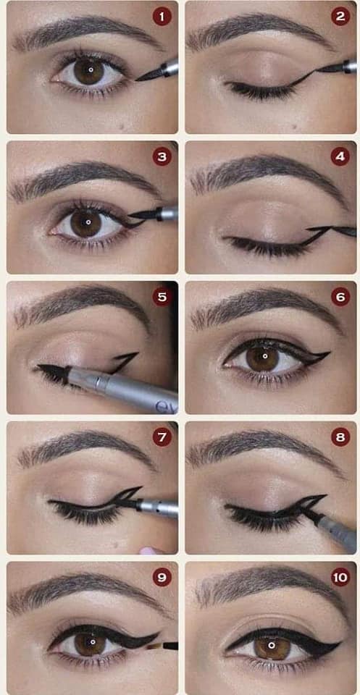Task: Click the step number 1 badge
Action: pos(162,17)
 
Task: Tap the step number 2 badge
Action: pos(340,17)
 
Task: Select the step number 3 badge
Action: pos(162,156)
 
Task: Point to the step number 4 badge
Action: pos(340,156)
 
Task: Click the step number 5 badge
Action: pos(162,297)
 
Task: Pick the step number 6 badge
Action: pos(340,297)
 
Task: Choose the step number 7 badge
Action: pos(162,437)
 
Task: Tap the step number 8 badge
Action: pos(340,437)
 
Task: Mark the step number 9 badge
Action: pos(162,577)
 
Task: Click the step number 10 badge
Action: pos(340,577)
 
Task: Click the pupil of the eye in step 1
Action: pos(90,70)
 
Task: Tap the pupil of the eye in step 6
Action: pos(264,356)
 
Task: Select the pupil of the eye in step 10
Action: pos(272,645)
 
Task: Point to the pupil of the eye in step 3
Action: pos(88,222)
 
